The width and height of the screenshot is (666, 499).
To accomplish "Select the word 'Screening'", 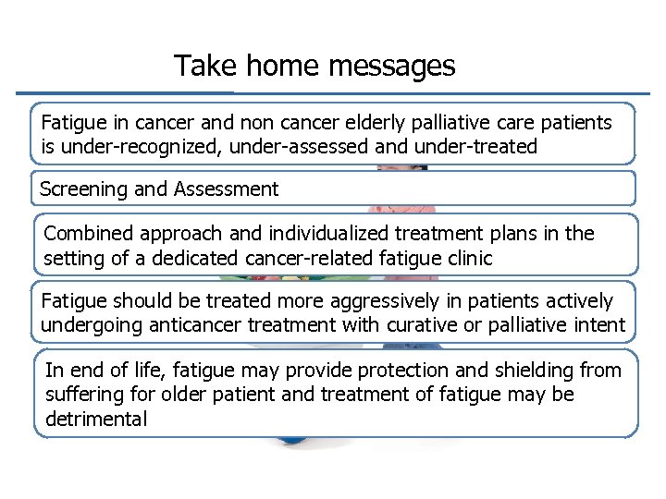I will coord(84,189).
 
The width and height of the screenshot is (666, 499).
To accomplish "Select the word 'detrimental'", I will coord(96,419).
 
